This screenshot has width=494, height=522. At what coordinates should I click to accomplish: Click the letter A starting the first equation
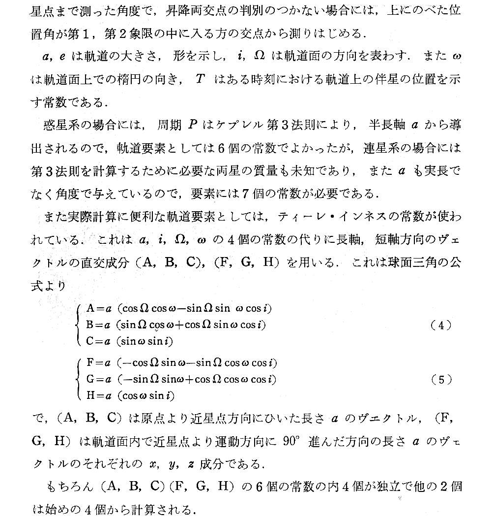(x=90, y=309)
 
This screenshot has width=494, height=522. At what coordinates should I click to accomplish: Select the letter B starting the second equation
(x=90, y=325)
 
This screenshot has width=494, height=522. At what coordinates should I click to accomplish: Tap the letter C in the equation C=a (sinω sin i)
(x=90, y=341)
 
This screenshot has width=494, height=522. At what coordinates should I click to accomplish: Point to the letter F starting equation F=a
(x=89, y=363)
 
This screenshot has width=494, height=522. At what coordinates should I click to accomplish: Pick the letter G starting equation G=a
(x=90, y=379)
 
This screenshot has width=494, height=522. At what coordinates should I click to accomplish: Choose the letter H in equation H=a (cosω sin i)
(x=90, y=395)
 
